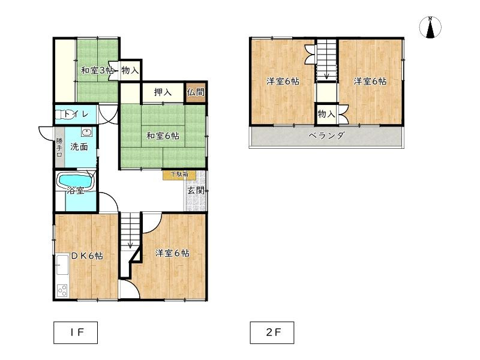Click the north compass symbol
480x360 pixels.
(x=431, y=26)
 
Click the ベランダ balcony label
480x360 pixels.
(x=326, y=136)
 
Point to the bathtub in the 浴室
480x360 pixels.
(x=75, y=180)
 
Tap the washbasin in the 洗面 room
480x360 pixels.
(x=86, y=133)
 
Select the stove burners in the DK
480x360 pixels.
(x=62, y=290)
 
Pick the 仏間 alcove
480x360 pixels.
(x=196, y=92)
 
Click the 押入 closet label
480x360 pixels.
(x=163, y=92)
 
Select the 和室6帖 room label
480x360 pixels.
(x=163, y=136)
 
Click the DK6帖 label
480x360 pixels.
(x=87, y=256)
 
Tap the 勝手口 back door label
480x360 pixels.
(x=59, y=146)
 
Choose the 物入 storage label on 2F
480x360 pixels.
(x=326, y=113)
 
